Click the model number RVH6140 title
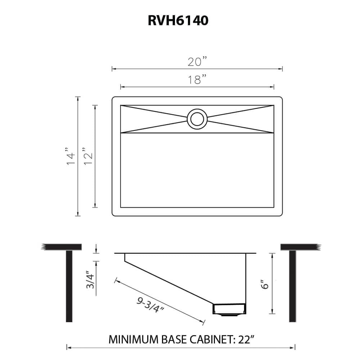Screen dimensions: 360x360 (x=178, y=21)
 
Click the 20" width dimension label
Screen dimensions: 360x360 (x=197, y=62)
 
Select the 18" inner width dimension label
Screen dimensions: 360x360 (x=197, y=80)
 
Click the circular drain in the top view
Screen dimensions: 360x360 (x=197, y=119)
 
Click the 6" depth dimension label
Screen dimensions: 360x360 (x=265, y=284)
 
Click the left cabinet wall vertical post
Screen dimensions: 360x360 (x=69, y=286)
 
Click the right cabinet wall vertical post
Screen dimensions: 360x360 (x=292, y=286)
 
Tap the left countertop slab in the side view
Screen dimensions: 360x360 (x=62, y=247)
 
